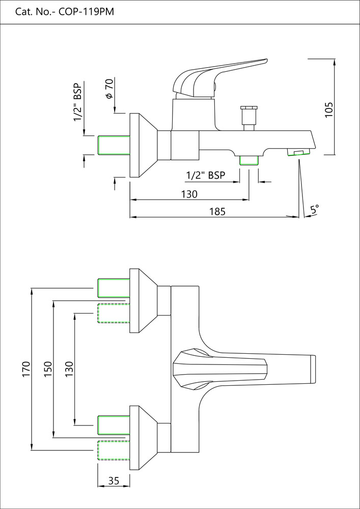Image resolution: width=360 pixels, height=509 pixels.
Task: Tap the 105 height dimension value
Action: [328, 109]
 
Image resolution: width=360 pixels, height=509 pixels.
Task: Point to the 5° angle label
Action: [315, 209]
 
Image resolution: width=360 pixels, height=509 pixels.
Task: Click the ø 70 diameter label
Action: [109, 90]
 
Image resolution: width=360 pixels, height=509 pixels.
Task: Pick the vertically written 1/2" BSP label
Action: [78, 102]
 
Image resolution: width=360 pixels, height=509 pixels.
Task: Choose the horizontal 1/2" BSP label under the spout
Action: [206, 176]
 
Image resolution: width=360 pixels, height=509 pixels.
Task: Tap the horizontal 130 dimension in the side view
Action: [189, 194]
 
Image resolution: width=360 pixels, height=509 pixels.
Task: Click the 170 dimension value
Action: [26, 370]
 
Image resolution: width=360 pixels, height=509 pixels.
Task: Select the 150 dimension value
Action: [47, 370]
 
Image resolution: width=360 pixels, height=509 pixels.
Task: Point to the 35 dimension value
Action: [114, 480]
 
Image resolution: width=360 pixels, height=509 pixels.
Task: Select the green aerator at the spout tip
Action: [297, 152]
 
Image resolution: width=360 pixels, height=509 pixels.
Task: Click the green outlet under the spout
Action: [249, 160]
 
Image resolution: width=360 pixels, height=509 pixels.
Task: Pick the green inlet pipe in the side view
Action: [114, 145]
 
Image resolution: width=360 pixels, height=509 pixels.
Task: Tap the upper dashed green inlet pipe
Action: [114, 313]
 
